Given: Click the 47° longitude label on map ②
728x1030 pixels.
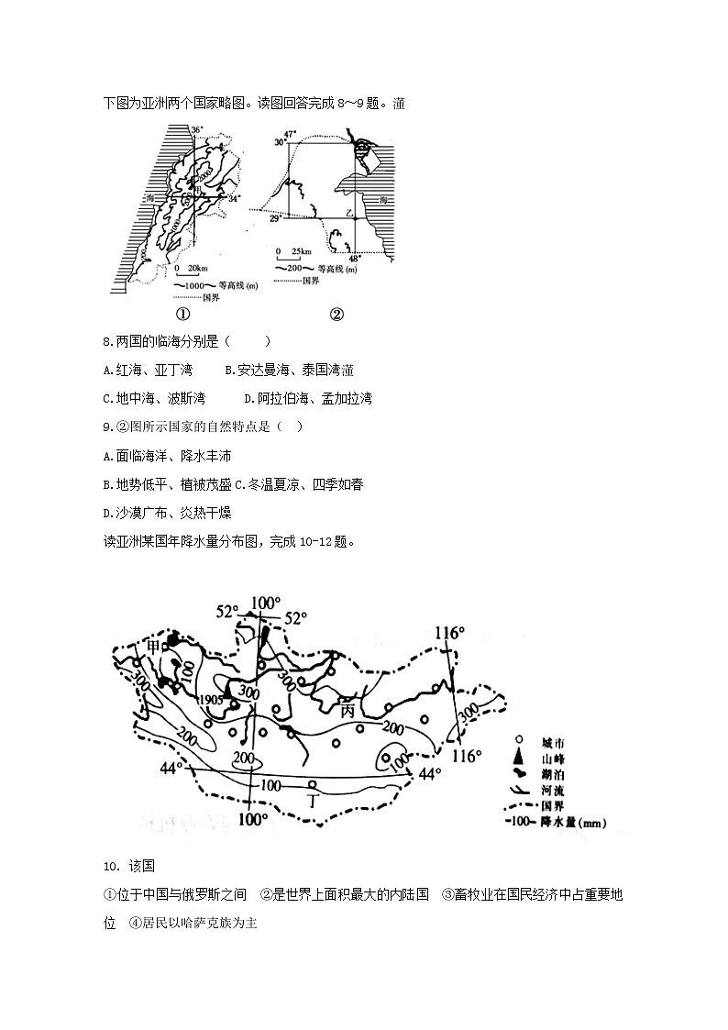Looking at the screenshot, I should pyautogui.click(x=291, y=135).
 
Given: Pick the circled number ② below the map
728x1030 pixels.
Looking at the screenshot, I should pyautogui.click(x=336, y=314).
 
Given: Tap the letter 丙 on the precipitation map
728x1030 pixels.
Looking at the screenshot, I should pyautogui.click(x=347, y=711).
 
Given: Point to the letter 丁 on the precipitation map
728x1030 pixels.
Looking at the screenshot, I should pyautogui.click(x=314, y=801).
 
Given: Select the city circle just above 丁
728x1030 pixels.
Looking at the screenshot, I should pyautogui.click(x=313, y=784).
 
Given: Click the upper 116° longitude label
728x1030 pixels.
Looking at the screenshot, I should pyautogui.click(x=449, y=633).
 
